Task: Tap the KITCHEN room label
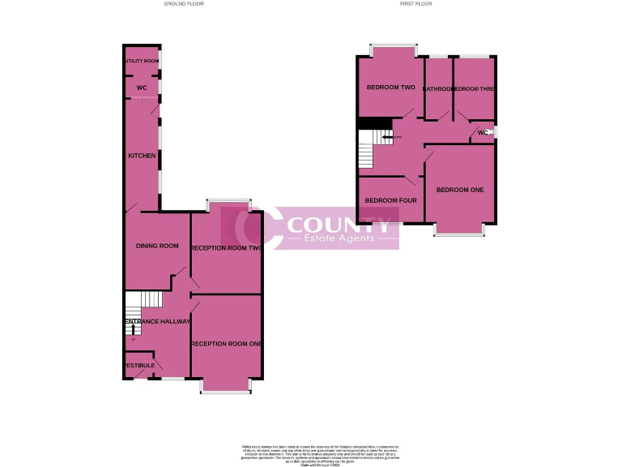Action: (142, 156)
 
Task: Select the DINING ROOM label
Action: (157, 246)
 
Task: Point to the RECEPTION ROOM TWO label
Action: (226, 247)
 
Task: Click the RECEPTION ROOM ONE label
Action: (226, 345)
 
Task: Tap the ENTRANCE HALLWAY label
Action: (157, 322)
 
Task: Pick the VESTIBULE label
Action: (139, 366)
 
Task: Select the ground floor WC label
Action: (141, 88)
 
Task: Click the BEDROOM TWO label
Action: (390, 88)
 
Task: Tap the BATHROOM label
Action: (439, 88)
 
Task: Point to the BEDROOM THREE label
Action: (475, 88)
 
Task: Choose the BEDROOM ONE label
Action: (459, 190)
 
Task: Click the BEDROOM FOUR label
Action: (390, 200)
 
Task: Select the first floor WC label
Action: (483, 132)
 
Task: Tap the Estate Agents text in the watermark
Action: (339, 238)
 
